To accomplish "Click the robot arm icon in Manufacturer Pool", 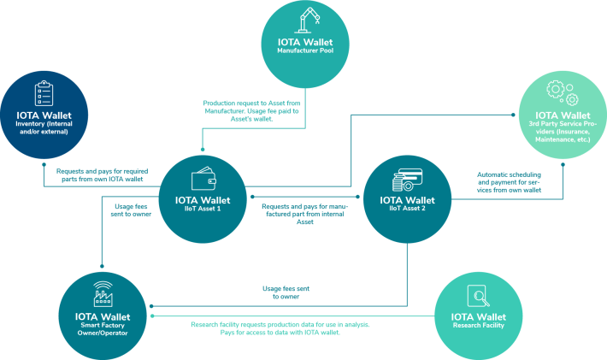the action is click(307, 20).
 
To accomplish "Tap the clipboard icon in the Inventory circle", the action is click(44, 93).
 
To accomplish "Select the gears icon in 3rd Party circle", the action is click(563, 93).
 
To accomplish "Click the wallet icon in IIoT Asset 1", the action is click(203, 179).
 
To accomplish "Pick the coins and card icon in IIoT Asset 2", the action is click(407, 180).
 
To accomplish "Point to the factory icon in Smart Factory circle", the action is click(103, 294).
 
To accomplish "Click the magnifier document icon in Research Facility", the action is click(479, 296).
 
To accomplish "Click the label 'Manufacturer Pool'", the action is click(305, 50).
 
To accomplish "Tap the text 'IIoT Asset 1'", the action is click(203, 209).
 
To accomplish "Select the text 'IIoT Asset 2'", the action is click(407, 209).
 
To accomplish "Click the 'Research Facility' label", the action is click(479, 325).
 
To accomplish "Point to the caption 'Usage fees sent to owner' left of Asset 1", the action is click(131, 210).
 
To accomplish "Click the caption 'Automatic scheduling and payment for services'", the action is click(509, 182).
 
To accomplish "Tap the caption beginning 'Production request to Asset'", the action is click(251, 111).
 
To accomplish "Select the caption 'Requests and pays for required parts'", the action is click(103, 175).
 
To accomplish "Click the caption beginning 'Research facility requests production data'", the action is click(280, 328).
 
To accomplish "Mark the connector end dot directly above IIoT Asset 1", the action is click(203, 150).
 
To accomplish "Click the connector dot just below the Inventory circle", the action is click(44, 164).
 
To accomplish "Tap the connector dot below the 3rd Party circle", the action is click(563, 164).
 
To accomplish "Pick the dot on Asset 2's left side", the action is click(357, 197).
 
